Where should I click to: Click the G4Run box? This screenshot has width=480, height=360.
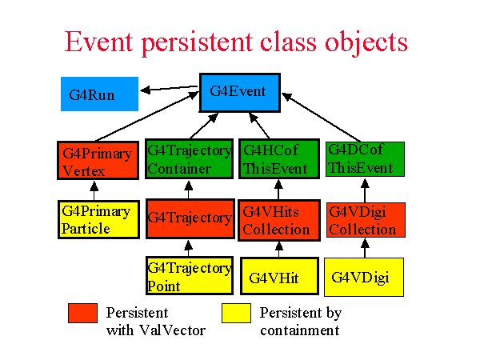coord(99,94)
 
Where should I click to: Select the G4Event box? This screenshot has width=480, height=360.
coord(240,93)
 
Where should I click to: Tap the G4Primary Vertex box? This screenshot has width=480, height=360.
coord(98,160)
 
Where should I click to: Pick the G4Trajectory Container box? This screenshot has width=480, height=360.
coord(189,159)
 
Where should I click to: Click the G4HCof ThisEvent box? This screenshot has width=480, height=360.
coord(279,159)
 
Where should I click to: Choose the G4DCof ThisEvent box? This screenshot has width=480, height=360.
coord(365,159)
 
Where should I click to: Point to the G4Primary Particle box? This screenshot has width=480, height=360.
coord(98,219)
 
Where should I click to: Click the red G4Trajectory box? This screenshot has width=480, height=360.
coord(190,218)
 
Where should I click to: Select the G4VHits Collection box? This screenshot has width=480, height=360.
coord(279,221)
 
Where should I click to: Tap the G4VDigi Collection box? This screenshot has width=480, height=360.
coord(366,220)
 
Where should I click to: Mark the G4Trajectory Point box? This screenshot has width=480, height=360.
coord(190,275)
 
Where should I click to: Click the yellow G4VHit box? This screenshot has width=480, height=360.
coord(279,276)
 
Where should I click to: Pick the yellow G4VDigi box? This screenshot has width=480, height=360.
coord(364,277)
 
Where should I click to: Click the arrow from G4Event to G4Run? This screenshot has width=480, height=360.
coord(169,89)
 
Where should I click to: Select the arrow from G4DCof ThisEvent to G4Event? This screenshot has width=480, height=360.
coord(321,118)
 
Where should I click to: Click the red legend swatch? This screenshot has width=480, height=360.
coord(82,313)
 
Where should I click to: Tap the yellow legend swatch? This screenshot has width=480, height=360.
coord(236,313)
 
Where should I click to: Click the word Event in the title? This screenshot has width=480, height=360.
coord(99,42)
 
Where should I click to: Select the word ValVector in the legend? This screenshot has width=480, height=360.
coord(172,330)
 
